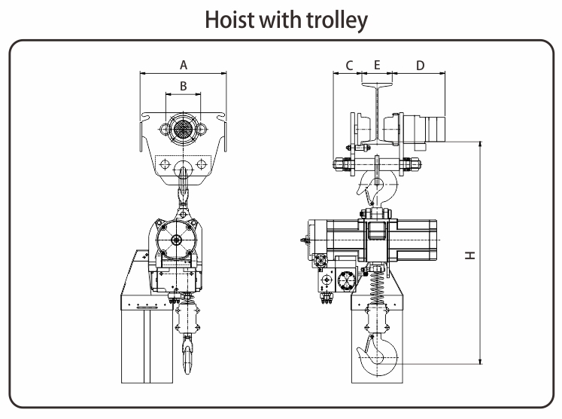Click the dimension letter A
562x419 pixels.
pyautogui.click(x=184, y=65)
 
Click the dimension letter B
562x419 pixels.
pyautogui.click(x=183, y=86)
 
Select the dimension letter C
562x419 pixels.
pyautogui.click(x=349, y=66)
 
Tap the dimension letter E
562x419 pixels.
pyautogui.click(x=377, y=65)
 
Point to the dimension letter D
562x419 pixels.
pyautogui.click(x=420, y=66)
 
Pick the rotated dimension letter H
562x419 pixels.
pyautogui.click(x=470, y=255)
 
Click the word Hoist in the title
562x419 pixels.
pyautogui.click(x=229, y=20)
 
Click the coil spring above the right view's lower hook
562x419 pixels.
pyautogui.click(x=375, y=288)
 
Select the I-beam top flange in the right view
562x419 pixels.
pyautogui.click(x=377, y=85)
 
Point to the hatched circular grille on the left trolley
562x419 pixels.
pyautogui.click(x=183, y=129)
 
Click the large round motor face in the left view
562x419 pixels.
pyautogui.click(x=176, y=240)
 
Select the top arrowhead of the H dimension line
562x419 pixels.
pyautogui.click(x=481, y=145)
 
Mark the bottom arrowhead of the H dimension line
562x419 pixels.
pyautogui.click(x=481, y=361)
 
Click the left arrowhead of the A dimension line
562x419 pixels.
pyautogui.click(x=143, y=74)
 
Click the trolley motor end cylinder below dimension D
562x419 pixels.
pyautogui.click(x=436, y=128)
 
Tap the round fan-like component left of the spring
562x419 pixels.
pyautogui.click(x=346, y=280)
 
